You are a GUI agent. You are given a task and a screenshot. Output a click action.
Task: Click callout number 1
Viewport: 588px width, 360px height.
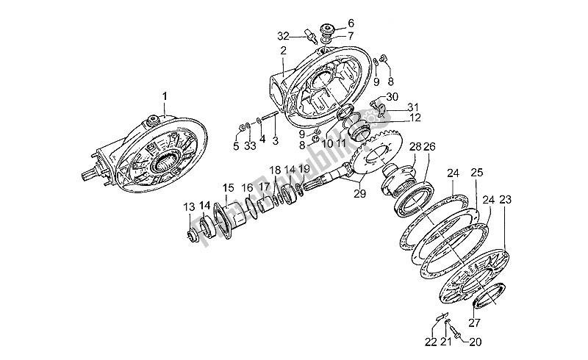pos(165,96)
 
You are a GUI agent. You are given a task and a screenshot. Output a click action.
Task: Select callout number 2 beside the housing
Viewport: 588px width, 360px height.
pos(282,50)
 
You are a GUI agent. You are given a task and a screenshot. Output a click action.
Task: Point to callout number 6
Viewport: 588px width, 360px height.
pos(350,23)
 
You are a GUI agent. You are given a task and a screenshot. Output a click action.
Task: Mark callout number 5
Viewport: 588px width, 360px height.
pos(236,146)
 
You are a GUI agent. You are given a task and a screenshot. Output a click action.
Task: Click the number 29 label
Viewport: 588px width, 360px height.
pos(359,194)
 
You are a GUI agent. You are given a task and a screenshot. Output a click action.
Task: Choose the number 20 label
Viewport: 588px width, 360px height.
pos(476,341)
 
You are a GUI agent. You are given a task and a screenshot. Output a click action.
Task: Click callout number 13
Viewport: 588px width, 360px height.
pos(189,206)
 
